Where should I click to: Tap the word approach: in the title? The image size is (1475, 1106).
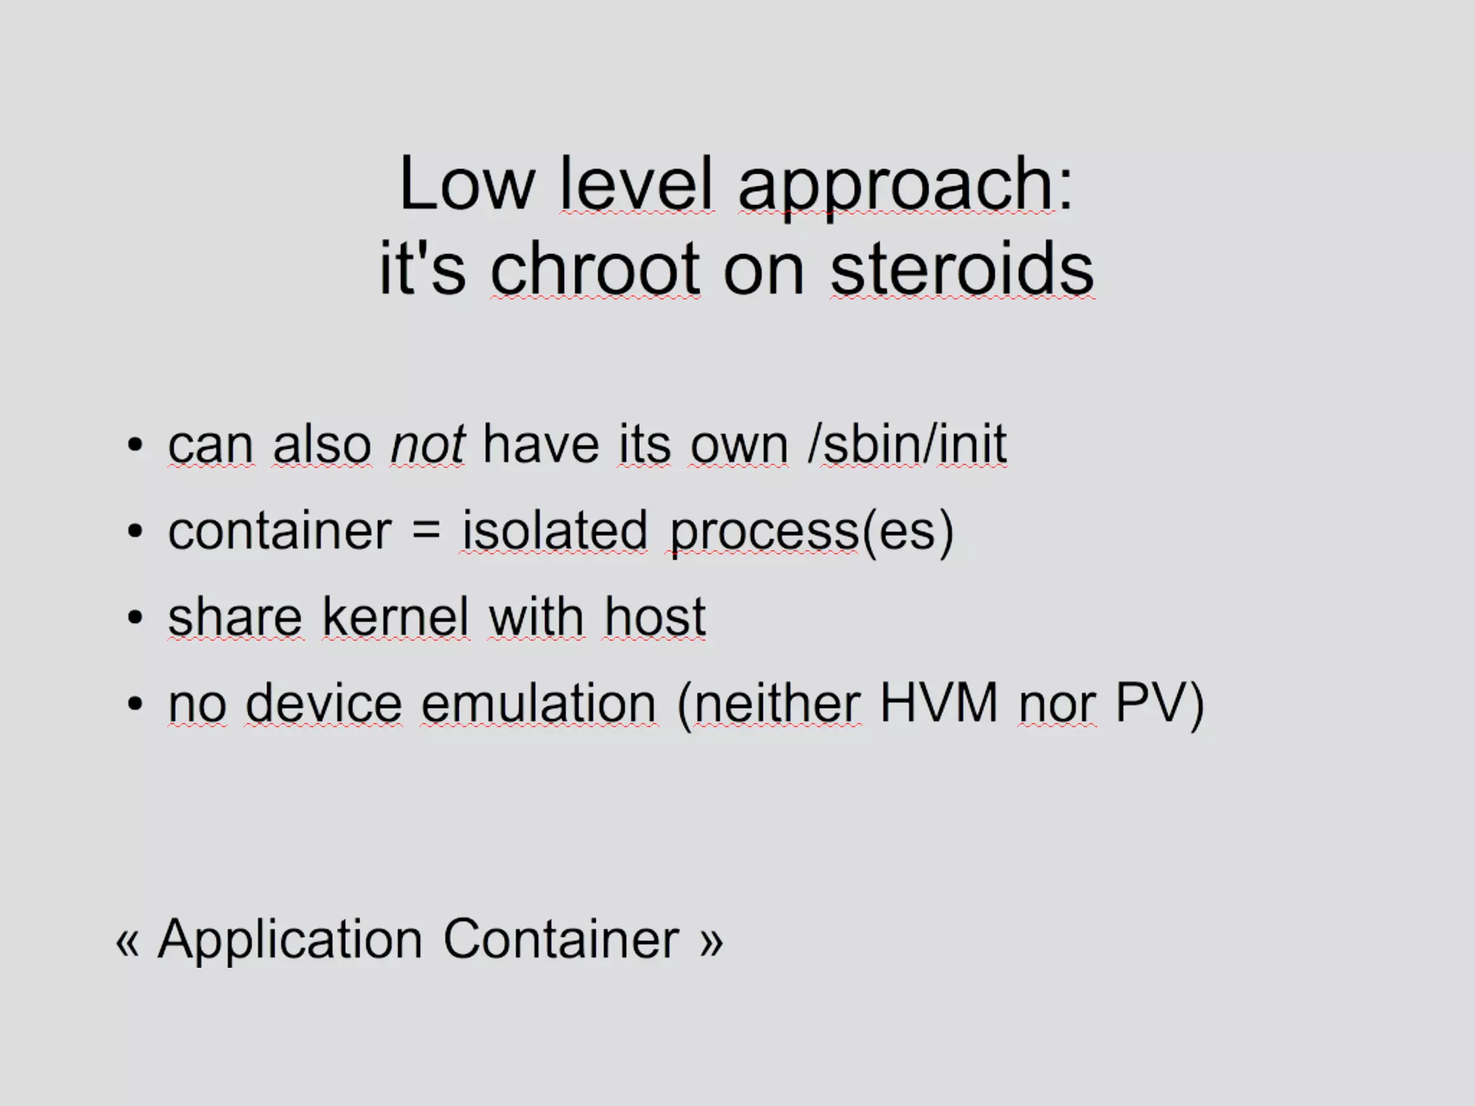click(905, 186)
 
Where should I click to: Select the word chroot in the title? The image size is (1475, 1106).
click(595, 269)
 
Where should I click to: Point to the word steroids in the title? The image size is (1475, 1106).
click(961, 269)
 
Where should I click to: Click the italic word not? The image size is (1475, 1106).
click(427, 444)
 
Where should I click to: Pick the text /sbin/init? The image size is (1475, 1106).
click(907, 444)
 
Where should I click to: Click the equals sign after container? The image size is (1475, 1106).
click(426, 531)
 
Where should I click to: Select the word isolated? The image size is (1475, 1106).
click(555, 531)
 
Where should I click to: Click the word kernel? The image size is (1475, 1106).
click(395, 617)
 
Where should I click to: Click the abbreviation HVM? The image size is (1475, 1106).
click(938, 703)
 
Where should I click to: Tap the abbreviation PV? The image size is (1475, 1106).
click(1150, 703)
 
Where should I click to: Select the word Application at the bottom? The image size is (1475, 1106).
click(290, 940)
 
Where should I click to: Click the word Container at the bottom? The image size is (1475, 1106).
click(561, 940)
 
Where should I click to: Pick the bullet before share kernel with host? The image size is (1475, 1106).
click(135, 618)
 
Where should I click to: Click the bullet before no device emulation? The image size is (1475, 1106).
click(135, 704)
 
